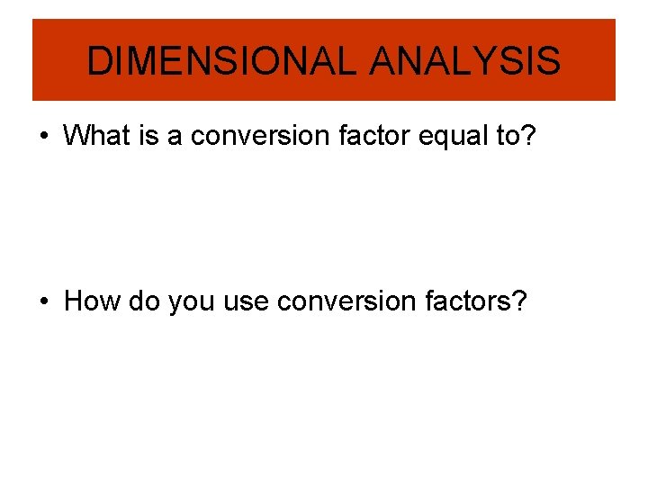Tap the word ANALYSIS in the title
[465, 61]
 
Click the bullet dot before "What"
[43, 137]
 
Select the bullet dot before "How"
[43, 301]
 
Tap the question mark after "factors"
[520, 301]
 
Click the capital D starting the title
[98, 61]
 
